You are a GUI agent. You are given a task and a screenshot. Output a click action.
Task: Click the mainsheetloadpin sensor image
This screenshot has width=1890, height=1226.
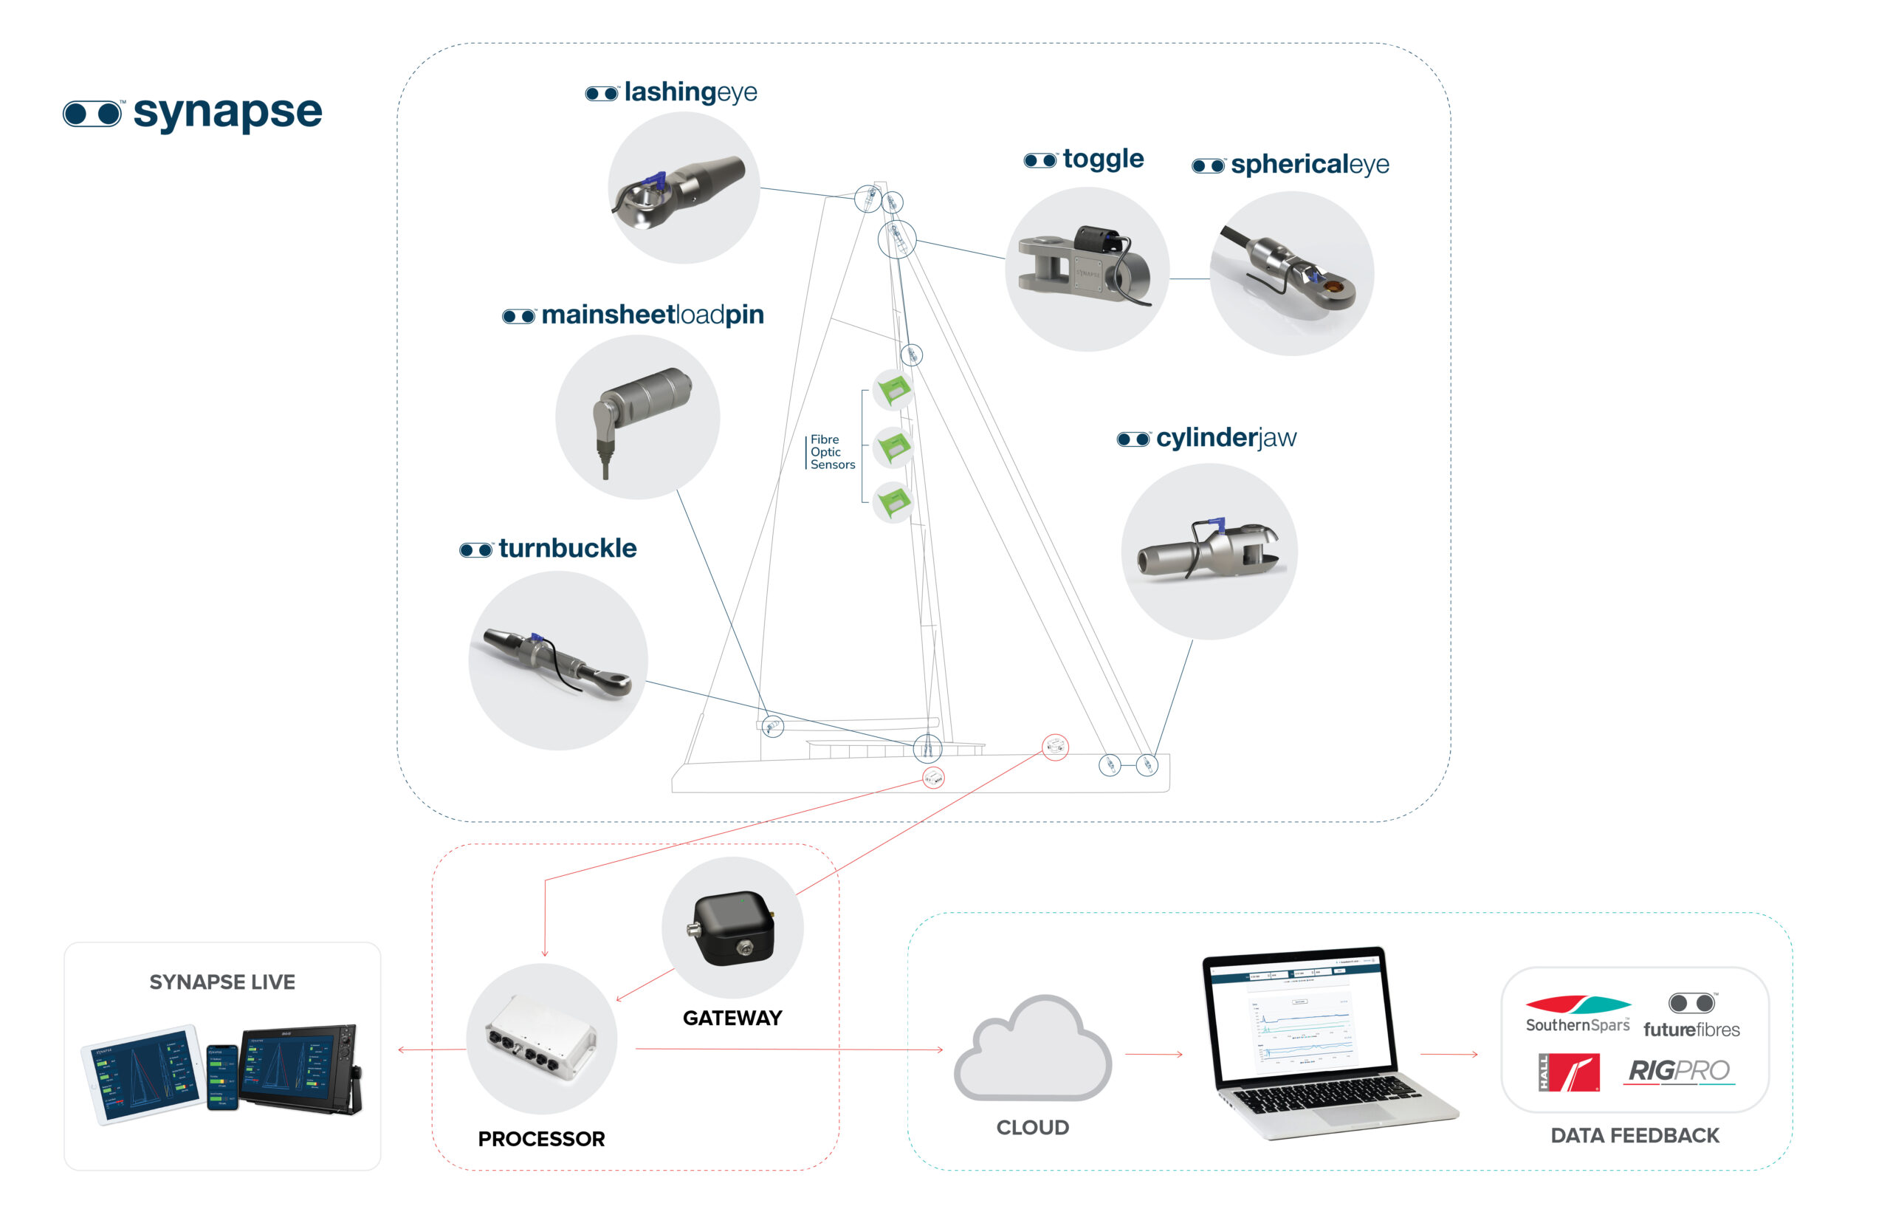[638, 417]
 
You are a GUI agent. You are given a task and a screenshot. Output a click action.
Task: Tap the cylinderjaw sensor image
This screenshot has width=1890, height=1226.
[1208, 551]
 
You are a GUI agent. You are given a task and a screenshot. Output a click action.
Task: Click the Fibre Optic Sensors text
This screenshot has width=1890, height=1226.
[831, 452]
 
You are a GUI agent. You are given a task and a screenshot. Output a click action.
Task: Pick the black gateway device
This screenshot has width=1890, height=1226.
[732, 927]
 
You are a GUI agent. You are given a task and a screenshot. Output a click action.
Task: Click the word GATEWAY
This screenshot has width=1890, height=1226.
[732, 1018]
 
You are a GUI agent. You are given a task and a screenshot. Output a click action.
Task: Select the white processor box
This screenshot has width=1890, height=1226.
[542, 1038]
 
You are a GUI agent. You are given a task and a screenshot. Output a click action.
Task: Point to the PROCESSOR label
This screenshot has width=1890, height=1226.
[541, 1139]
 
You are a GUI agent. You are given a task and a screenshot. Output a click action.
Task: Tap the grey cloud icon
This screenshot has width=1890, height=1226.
[1031, 1049]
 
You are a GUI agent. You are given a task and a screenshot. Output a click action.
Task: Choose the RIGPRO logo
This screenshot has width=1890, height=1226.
[1678, 1071]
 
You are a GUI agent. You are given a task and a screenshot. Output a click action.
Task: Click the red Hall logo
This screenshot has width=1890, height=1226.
[1568, 1072]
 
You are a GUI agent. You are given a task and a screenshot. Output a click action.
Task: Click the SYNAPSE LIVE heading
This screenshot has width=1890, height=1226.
[222, 982]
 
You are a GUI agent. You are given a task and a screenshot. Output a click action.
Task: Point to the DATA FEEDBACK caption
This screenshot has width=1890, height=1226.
[1635, 1135]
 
